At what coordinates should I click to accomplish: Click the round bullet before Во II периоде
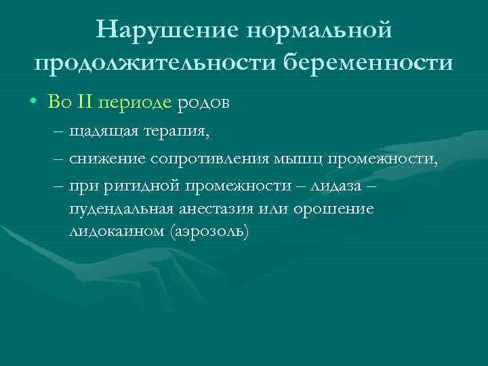(34, 104)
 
